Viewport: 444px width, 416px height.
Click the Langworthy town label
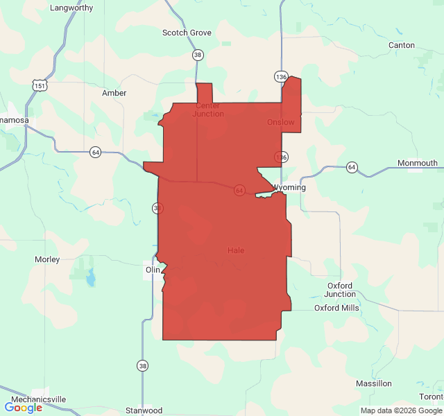pos(72,8)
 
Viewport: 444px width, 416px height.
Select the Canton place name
pos(402,46)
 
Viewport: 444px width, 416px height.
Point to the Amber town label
pos(114,93)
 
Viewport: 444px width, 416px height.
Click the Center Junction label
pos(208,110)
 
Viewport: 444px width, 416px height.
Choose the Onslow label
pos(281,123)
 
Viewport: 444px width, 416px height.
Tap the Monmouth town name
pos(417,164)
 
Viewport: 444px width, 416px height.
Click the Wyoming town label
pos(289,188)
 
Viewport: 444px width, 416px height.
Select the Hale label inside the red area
pos(236,250)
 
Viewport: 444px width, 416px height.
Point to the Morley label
pos(47,259)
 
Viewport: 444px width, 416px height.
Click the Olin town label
pos(153,270)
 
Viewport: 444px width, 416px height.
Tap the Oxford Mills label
pos(336,308)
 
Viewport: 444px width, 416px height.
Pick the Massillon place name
pos(374,383)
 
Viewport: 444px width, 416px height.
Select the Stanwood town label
pos(144,410)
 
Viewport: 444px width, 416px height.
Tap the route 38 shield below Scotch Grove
pos(198,55)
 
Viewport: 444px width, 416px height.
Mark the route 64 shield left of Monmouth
pos(352,167)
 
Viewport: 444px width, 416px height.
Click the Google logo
pos(23,408)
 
